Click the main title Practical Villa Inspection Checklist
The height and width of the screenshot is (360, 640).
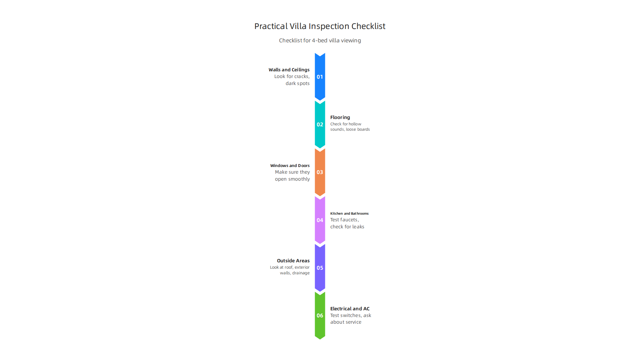(320, 26)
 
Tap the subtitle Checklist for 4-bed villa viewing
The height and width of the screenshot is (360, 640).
(320, 40)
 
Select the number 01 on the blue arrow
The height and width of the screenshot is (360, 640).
(320, 77)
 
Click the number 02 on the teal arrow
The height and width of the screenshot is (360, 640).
(320, 124)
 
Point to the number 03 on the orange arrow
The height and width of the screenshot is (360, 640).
(320, 172)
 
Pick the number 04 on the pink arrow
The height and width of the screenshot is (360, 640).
(320, 220)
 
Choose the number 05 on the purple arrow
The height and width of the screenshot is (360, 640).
(320, 268)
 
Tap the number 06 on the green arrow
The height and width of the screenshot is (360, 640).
(320, 315)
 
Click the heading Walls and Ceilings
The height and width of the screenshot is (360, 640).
(289, 70)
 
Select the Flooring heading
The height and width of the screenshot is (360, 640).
(340, 117)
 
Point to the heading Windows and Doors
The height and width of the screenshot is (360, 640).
(290, 166)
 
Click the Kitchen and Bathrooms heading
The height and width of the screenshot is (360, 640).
(349, 213)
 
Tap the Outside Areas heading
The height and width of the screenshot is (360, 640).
(293, 261)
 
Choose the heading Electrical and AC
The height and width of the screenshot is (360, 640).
(350, 309)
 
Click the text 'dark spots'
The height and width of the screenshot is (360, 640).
(298, 83)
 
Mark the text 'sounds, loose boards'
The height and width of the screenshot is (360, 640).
(350, 129)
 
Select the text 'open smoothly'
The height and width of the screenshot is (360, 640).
(292, 179)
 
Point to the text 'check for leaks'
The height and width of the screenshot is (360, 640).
(347, 227)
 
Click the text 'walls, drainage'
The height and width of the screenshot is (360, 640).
(295, 273)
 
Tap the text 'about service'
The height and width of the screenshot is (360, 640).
(346, 322)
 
